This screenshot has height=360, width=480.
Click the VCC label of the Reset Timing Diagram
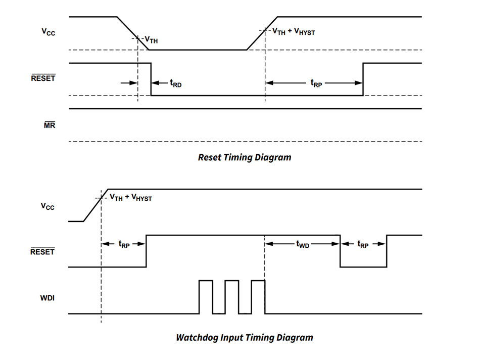pyautogui.click(x=48, y=32)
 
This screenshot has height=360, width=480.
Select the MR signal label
pyautogui.click(x=49, y=125)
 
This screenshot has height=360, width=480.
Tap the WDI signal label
pyautogui.click(x=47, y=298)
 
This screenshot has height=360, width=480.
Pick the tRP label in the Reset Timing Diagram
pyautogui.click(x=316, y=83)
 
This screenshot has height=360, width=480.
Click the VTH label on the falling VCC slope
pyautogui.click(x=151, y=39)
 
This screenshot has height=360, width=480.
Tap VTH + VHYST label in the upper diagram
pyautogui.click(x=294, y=32)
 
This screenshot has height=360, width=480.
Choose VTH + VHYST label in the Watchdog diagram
pyautogui.click(x=130, y=198)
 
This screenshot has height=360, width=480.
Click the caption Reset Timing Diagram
pyautogui.click(x=244, y=157)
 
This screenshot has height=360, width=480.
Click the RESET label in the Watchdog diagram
pyautogui.click(x=43, y=251)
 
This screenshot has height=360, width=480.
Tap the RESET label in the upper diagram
pyautogui.click(x=43, y=78)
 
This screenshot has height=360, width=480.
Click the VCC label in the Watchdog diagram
pyautogui.click(x=48, y=207)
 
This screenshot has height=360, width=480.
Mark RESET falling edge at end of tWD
pyautogui.click(x=340, y=251)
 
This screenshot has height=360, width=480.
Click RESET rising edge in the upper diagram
pyautogui.click(x=363, y=79)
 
